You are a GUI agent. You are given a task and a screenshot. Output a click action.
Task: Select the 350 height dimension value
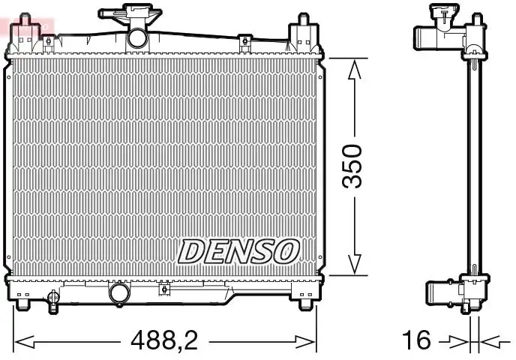click(x=352, y=167)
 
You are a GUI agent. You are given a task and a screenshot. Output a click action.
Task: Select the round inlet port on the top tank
click(x=137, y=37)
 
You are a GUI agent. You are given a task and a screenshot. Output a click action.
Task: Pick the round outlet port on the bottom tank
click(x=118, y=292)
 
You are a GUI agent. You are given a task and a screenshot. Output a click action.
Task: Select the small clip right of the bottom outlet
click(x=163, y=289)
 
